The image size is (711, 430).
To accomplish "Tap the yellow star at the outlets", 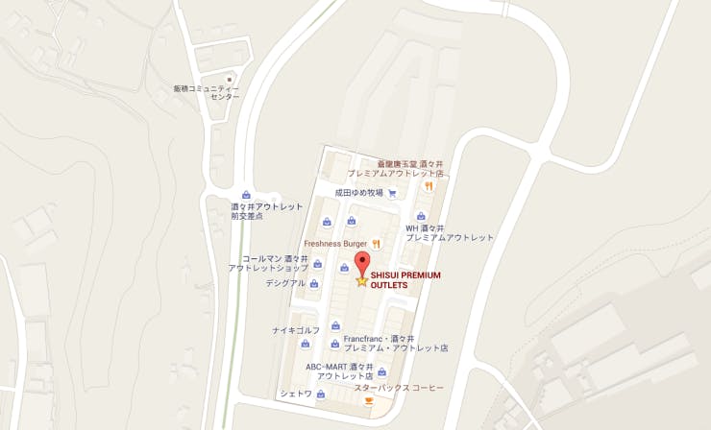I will tap(362, 281).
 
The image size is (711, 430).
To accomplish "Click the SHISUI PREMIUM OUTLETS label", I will tap(405, 280).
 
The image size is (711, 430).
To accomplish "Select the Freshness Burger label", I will tap(336, 244).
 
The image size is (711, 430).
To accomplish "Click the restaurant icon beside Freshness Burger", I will tap(378, 243).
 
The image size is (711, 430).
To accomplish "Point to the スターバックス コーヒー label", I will tap(399, 388).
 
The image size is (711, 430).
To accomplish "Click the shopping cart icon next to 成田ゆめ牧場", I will tap(392, 193).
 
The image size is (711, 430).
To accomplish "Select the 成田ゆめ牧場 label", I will tap(358, 193).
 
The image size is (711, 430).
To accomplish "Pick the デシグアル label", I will tap(285, 283).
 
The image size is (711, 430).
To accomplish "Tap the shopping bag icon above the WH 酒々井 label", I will tap(421, 216).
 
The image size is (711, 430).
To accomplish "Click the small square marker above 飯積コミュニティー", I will tap(229, 78).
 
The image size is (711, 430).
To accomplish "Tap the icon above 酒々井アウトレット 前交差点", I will tap(247, 195).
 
